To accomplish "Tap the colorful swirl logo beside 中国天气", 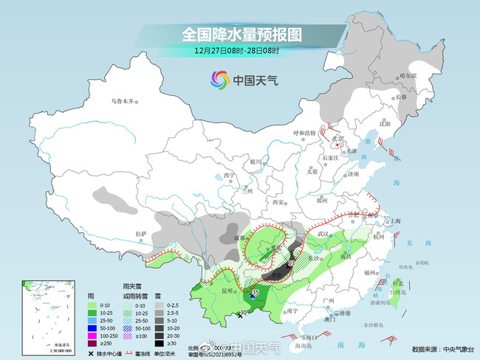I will pyautogui.click(x=220, y=79).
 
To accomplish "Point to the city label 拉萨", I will pyautogui.click(x=141, y=233).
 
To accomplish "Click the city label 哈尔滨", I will pyautogui.click(x=408, y=75).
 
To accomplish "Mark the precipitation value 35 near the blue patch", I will pyautogui.click(x=256, y=293).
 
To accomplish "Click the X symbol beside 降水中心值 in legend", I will pyautogui.click(x=91, y=353).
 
